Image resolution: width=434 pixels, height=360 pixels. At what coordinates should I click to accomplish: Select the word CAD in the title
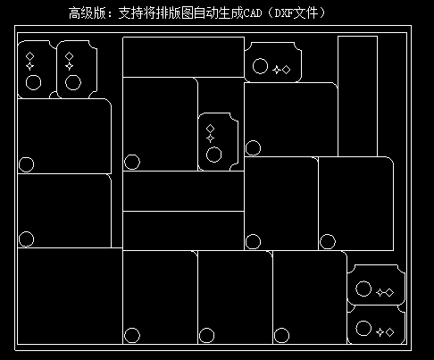(253, 13)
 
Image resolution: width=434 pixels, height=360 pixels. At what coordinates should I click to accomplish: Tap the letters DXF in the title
(284, 13)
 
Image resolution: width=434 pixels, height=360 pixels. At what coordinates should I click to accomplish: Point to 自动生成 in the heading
(219, 13)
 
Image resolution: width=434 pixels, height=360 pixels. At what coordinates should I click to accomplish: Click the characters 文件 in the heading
(305, 13)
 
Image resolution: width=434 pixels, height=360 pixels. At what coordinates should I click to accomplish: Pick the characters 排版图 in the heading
(175, 13)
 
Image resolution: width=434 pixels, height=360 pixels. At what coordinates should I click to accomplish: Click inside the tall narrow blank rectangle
(357, 96)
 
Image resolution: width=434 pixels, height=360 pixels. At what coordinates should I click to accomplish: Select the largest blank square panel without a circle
(70, 296)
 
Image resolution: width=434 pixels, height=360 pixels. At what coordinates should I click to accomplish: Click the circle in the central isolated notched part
(213, 155)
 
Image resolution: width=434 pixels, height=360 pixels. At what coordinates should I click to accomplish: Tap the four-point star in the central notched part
(210, 138)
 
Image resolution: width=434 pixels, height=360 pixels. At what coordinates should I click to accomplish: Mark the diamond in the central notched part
(210, 129)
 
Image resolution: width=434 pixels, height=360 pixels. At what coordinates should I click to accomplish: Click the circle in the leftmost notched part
(33, 82)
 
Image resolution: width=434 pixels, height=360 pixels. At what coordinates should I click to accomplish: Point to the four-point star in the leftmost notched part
(29, 66)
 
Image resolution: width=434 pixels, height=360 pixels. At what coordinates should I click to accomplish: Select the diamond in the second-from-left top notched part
(69, 56)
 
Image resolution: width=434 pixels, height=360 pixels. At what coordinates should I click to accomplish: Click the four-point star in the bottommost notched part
(380, 332)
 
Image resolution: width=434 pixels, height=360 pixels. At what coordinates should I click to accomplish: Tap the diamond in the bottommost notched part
(389, 332)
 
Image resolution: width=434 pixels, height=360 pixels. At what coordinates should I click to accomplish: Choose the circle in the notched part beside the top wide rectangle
(260, 66)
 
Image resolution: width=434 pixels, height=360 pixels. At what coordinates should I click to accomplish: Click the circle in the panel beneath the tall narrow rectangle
(328, 241)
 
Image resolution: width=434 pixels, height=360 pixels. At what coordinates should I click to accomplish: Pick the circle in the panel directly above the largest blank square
(26, 239)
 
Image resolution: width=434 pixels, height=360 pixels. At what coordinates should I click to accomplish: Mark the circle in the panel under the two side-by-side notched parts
(26, 164)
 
